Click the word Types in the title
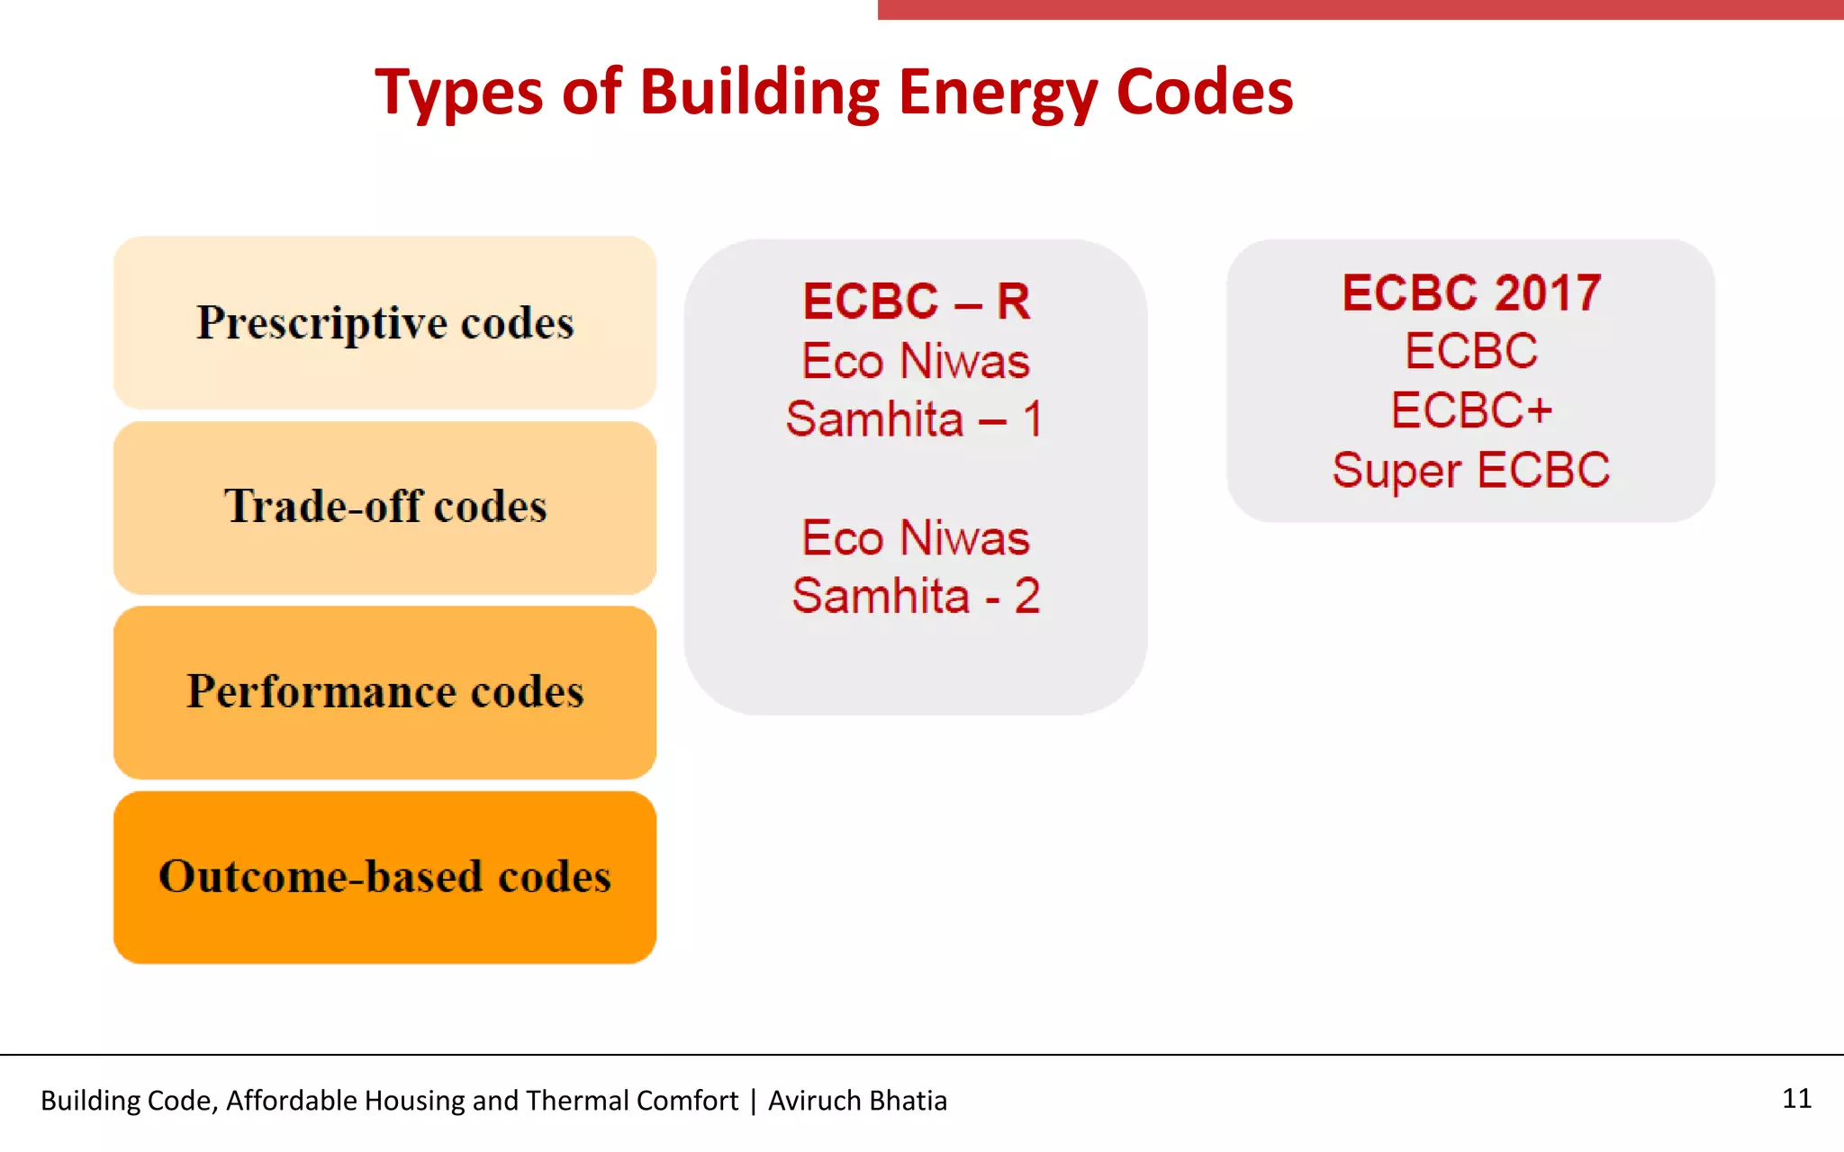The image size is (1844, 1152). coord(457,92)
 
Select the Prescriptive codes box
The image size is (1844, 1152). coord(384,322)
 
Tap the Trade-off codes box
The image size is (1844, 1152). coord(384,507)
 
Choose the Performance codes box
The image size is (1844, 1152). coord(384,692)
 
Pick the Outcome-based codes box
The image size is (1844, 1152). coord(384,877)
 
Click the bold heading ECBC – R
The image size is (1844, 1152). coord(916,301)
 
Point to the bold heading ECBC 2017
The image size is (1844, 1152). coord(1471,293)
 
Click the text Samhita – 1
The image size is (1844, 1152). coord(914,419)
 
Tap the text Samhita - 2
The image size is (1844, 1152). coord(916,596)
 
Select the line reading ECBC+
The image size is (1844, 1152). coord(1471,410)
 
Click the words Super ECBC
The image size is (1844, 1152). coord(1471,470)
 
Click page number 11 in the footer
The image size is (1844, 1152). coord(1796,1098)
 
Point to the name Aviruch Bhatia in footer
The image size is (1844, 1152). coord(857,1101)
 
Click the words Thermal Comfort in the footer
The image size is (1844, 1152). coord(631,1101)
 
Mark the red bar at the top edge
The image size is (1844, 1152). coord(1360,9)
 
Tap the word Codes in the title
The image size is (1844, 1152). coord(1204,92)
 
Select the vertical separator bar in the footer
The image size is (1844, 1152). coord(753,1101)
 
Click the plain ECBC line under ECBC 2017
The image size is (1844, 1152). coord(1471,351)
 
